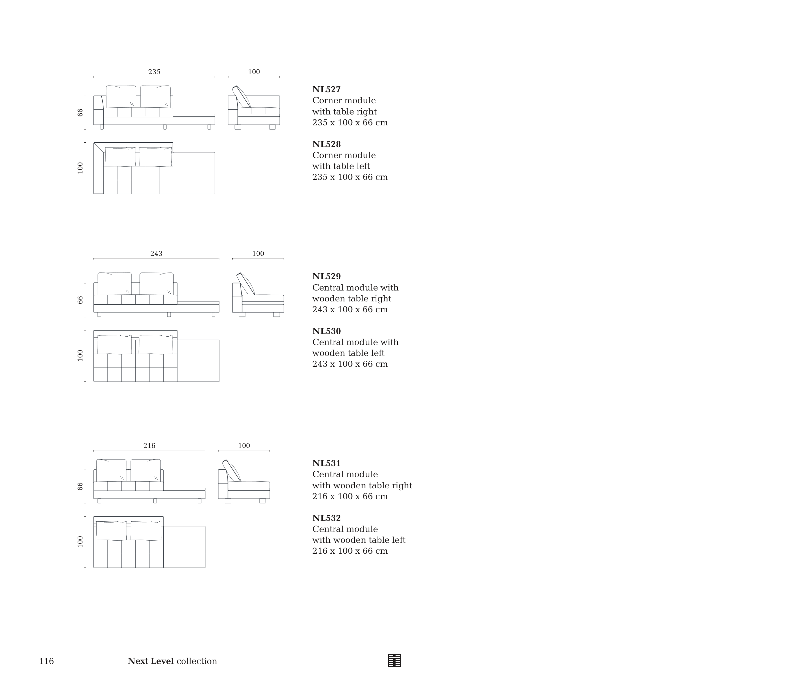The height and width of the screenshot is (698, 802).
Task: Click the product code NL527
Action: pyautogui.click(x=326, y=89)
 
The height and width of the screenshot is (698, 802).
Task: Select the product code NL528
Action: pyautogui.click(x=326, y=145)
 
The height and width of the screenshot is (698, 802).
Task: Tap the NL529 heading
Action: pyautogui.click(x=326, y=277)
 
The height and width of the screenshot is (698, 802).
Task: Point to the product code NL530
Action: pyautogui.click(x=326, y=332)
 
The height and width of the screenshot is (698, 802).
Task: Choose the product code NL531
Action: pyautogui.click(x=326, y=464)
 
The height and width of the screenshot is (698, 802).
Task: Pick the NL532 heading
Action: pyautogui.click(x=326, y=518)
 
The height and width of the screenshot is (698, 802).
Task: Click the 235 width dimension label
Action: pyautogui.click(x=154, y=72)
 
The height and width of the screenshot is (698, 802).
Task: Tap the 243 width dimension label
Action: pyautogui.click(x=156, y=254)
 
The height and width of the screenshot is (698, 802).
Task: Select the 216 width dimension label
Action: pyautogui.click(x=149, y=446)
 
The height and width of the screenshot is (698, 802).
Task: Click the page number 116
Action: pyautogui.click(x=47, y=661)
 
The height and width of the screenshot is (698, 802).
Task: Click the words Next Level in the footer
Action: pyautogui.click(x=150, y=661)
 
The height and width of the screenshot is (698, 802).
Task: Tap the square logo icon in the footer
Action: pyautogui.click(x=394, y=660)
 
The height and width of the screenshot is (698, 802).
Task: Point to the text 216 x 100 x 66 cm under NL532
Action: pyautogui.click(x=350, y=551)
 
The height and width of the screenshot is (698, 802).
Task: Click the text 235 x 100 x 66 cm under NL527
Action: pyautogui.click(x=350, y=123)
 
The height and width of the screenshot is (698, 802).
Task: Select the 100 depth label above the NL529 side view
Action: pyautogui.click(x=258, y=254)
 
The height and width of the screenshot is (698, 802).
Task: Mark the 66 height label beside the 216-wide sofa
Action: pyautogui.click(x=80, y=486)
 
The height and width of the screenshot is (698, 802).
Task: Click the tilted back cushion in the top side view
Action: pyautogui.click(x=242, y=96)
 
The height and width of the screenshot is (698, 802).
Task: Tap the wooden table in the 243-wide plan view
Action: pyautogui.click(x=198, y=361)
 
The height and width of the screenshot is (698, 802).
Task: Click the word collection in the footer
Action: pyautogui.click(x=196, y=661)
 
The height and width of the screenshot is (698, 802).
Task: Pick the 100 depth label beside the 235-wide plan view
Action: pyautogui.click(x=80, y=168)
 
